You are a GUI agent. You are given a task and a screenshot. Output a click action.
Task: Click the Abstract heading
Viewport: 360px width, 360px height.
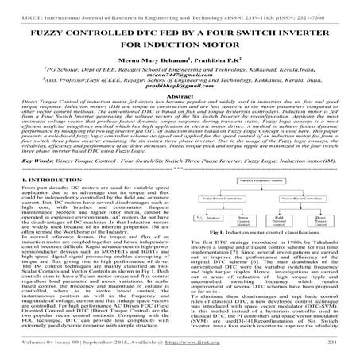tap(180, 101)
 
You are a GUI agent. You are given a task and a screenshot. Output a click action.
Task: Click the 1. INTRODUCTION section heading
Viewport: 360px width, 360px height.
tap(52, 176)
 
